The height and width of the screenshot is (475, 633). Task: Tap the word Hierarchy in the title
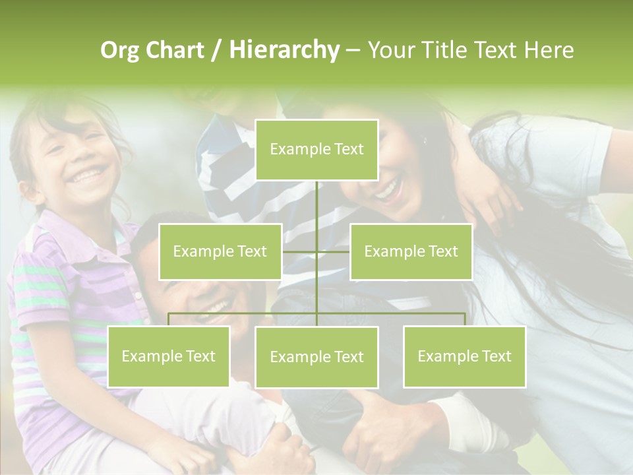pyautogui.click(x=284, y=50)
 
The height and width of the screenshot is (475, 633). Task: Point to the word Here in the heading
pyautogui.click(x=549, y=50)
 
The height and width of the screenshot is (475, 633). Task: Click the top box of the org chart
pyautogui.click(x=316, y=150)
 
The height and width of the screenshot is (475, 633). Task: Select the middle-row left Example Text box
pyautogui.click(x=220, y=251)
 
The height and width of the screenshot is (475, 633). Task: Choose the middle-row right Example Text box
pyautogui.click(x=411, y=251)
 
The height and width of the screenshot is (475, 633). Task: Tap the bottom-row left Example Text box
pyautogui.click(x=168, y=356)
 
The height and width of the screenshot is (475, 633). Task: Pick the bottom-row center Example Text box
pyautogui.click(x=316, y=357)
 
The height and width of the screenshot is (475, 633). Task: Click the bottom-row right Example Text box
pyautogui.click(x=464, y=356)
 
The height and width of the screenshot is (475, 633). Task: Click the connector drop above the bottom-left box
pyautogui.click(x=169, y=319)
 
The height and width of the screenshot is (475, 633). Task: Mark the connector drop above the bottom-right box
pyautogui.click(x=465, y=319)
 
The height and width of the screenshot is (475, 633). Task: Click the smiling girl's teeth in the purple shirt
pyautogui.click(x=88, y=175)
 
